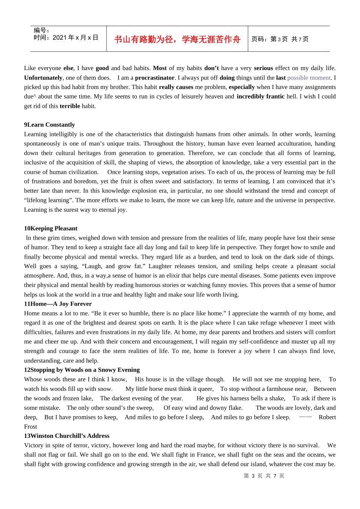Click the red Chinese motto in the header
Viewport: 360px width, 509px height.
[177, 39]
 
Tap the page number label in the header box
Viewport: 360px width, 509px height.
[280, 39]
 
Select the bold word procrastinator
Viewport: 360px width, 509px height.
[155, 78]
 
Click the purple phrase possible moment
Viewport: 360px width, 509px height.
[309, 78]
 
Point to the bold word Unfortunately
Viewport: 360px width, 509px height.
[43, 78]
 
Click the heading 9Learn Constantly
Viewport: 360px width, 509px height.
[49, 125]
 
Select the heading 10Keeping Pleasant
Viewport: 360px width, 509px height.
[50, 228]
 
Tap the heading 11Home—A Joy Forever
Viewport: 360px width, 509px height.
[58, 304]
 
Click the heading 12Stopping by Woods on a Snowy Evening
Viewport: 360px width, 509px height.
[81, 370]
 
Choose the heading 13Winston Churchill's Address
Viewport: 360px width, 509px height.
[66, 436]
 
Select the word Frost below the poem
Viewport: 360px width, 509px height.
[30, 426]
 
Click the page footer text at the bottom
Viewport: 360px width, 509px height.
[264, 476]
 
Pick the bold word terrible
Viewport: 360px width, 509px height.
[70, 106]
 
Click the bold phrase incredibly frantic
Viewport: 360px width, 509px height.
[260, 96]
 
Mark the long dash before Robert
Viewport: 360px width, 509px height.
[305, 417]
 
